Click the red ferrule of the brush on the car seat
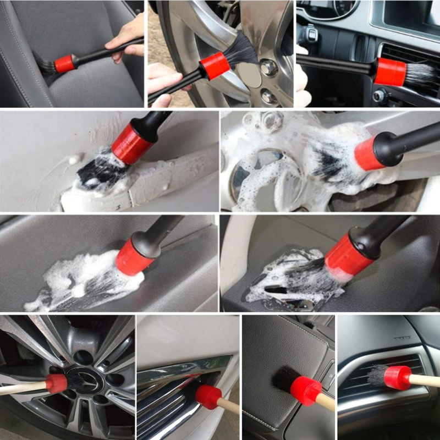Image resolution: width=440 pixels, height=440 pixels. [65, 63]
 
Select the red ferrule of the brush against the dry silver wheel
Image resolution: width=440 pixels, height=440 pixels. [215, 65]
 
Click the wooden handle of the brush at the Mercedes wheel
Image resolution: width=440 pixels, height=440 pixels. [22, 389]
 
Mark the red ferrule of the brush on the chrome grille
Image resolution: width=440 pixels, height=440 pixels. [208, 397]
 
